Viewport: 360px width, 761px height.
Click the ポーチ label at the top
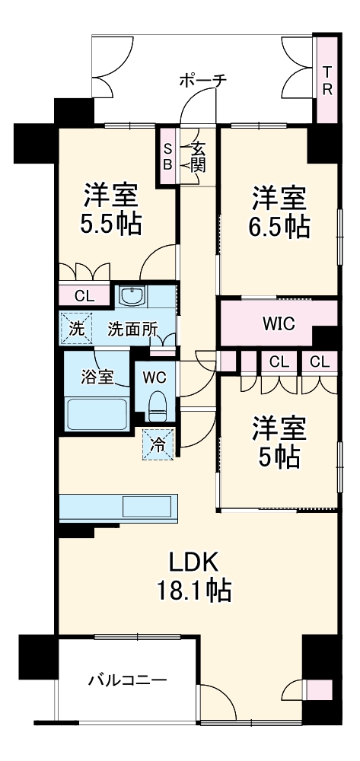pos(203,79)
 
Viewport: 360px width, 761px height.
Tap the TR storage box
pos(327,79)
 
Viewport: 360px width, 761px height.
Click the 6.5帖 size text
pos(279,226)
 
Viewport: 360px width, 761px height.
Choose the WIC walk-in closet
pos(279,323)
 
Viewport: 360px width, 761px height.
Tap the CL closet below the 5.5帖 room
pos(84,295)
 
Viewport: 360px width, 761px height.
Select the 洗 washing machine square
pos(76,330)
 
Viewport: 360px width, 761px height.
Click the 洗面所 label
pos(132,330)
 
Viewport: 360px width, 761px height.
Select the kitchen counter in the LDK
pos(119,505)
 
